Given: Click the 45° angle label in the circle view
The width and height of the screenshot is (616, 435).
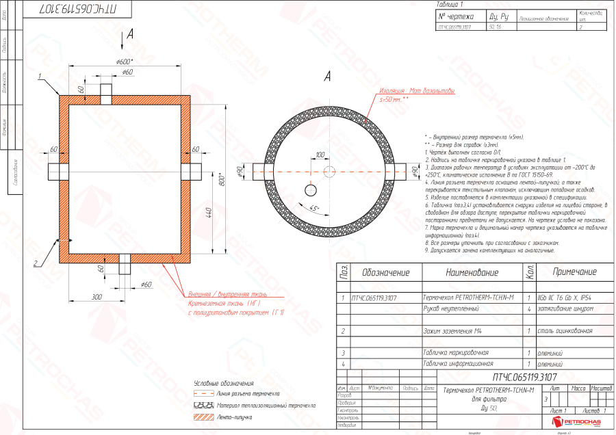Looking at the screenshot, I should click(314, 208).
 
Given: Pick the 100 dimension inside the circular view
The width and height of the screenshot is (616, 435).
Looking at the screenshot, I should click(320, 155).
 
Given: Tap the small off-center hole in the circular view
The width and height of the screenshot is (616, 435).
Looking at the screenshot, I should click(311, 189).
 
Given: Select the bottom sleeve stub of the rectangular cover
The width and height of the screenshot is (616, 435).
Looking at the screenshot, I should click(125, 264).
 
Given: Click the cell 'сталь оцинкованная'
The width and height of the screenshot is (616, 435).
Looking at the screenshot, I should click(565, 331).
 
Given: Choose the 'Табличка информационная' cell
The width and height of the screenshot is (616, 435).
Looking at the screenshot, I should click(458, 364).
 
